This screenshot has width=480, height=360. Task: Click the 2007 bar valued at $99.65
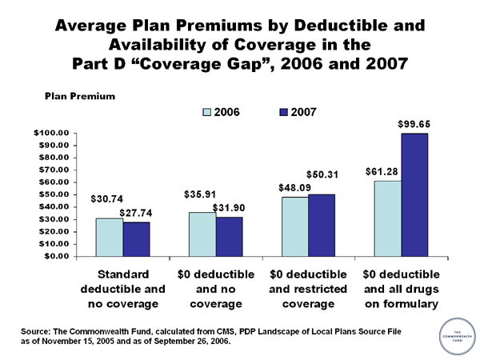(x=414, y=194)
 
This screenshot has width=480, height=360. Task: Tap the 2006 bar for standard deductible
(x=110, y=237)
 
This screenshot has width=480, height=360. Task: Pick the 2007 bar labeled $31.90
(x=229, y=236)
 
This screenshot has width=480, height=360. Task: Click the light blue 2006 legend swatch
(x=192, y=114)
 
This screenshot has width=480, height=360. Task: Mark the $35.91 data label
(x=199, y=194)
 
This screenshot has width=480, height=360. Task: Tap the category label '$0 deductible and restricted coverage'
(x=308, y=289)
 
